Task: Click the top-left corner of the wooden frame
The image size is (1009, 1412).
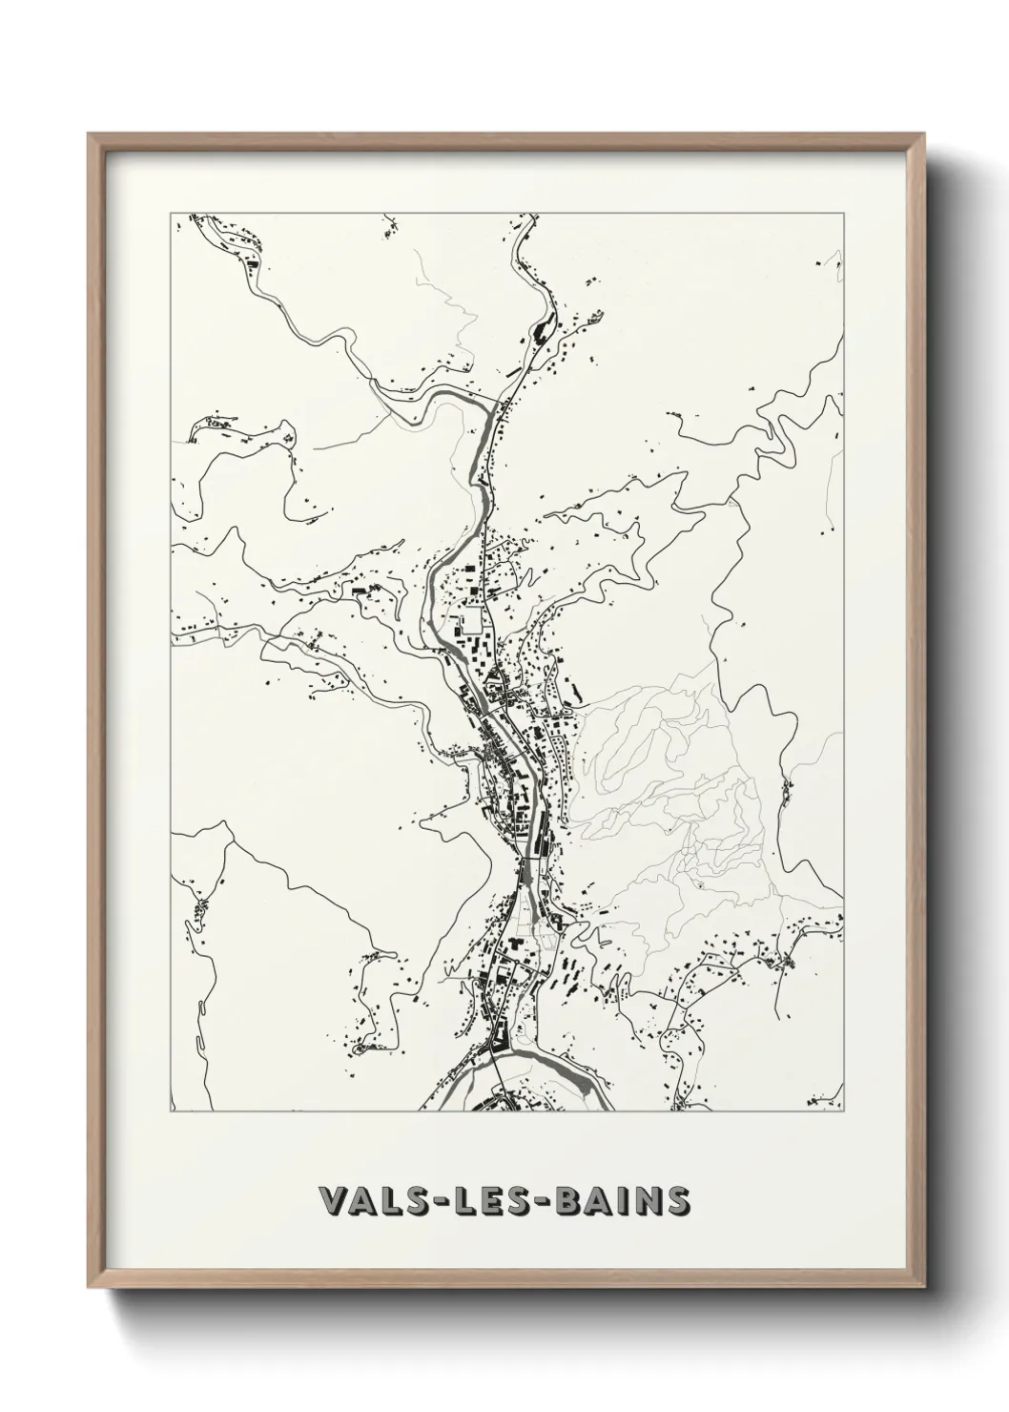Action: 89,135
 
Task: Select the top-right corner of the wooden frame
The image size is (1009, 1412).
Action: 921,135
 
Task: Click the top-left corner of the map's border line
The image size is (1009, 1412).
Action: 171,214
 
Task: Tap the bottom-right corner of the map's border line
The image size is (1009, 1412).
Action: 844,1111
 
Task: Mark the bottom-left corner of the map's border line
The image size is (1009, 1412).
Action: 171,1111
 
